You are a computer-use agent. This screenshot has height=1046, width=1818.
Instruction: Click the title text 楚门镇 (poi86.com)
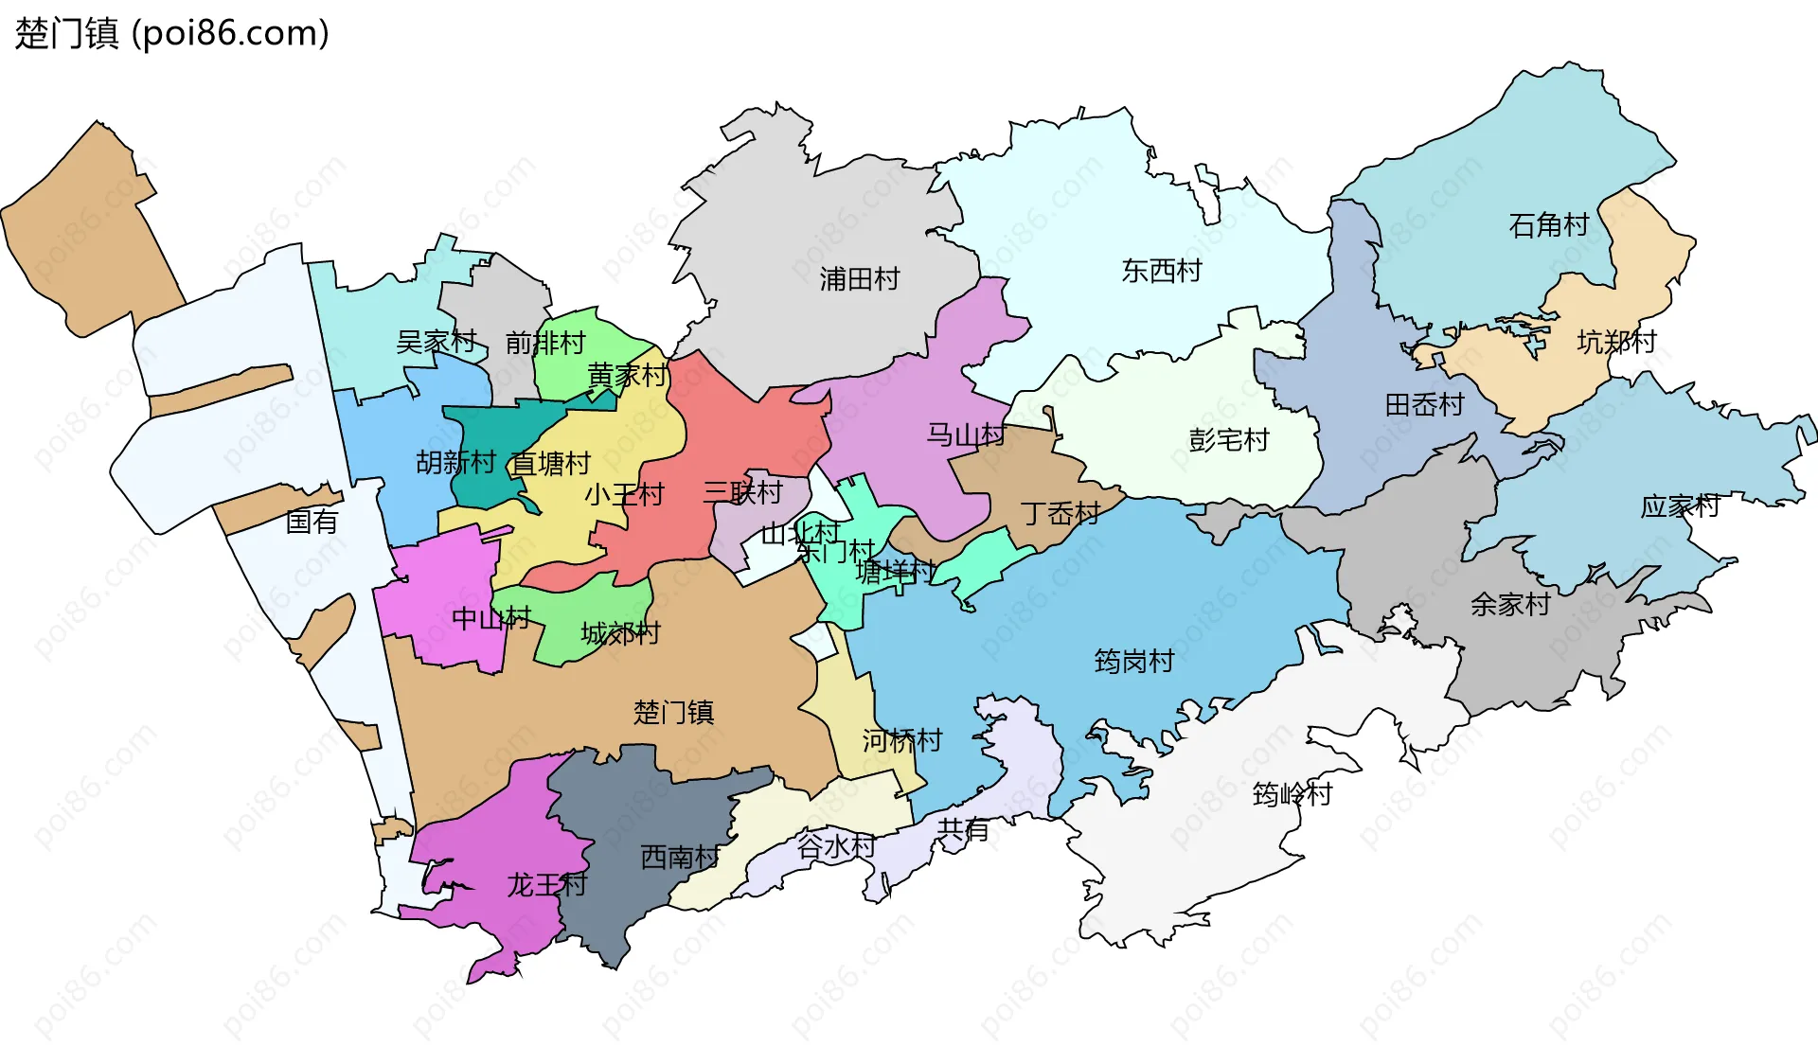click(x=171, y=33)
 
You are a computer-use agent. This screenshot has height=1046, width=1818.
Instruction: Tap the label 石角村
click(x=1548, y=225)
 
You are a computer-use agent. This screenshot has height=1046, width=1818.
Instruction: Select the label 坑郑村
click(x=1616, y=342)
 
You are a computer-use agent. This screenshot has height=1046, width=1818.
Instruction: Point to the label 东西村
click(x=1161, y=271)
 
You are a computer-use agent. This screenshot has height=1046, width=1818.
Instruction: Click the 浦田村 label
click(x=859, y=278)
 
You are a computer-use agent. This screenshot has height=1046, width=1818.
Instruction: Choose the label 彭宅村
click(x=1228, y=440)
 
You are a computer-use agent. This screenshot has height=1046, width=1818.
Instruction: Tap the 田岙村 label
click(x=1424, y=405)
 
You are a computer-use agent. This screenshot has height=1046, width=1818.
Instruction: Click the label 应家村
click(x=1680, y=506)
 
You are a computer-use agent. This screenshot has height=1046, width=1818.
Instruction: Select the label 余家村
click(x=1510, y=604)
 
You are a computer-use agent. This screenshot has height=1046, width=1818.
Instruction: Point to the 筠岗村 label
click(x=1133, y=661)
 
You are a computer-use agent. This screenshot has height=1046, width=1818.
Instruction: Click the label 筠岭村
click(x=1292, y=793)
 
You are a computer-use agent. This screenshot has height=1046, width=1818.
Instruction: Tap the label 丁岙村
click(x=1060, y=514)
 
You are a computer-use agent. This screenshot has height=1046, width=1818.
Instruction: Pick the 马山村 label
click(x=965, y=435)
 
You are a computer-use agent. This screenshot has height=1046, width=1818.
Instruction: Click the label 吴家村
click(x=436, y=342)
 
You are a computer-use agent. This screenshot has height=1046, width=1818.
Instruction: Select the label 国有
click(x=312, y=522)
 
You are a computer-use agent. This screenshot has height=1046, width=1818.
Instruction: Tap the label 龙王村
click(x=546, y=885)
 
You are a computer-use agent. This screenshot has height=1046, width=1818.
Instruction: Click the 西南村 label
click(x=680, y=857)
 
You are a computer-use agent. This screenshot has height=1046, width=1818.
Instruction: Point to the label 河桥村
click(x=901, y=740)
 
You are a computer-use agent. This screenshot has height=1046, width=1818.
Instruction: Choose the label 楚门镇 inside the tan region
click(x=673, y=712)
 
